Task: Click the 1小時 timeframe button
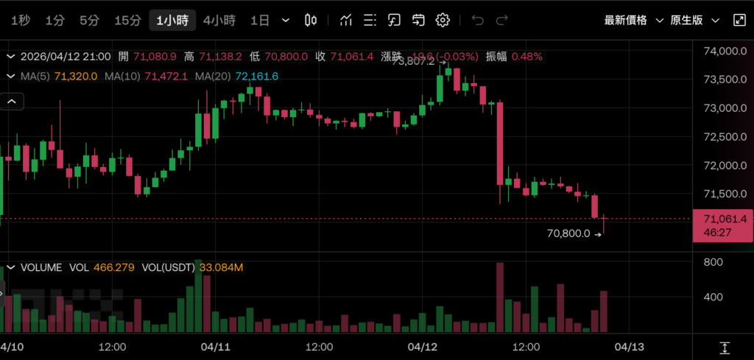pyautogui.click(x=172, y=21)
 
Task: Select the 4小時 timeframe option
pyautogui.click(x=219, y=21)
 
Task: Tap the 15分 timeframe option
pyautogui.click(x=127, y=21)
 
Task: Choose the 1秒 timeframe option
pyautogui.click(x=21, y=21)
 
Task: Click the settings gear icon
pyautogui.click(x=443, y=21)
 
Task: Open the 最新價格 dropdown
pyautogui.click(x=633, y=21)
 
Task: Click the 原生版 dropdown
pyautogui.click(x=694, y=21)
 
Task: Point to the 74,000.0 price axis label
pyautogui.click(x=725, y=52)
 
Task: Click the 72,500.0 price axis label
pyautogui.click(x=725, y=137)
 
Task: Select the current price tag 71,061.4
pyautogui.click(x=725, y=219)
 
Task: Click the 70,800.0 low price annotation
pyautogui.click(x=568, y=233)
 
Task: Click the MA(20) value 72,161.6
pyautogui.click(x=257, y=76)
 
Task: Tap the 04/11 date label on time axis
pyautogui.click(x=216, y=346)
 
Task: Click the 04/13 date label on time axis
pyautogui.click(x=630, y=346)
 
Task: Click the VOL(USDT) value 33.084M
pyautogui.click(x=219, y=267)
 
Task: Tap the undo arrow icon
pyautogui.click(x=478, y=21)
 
